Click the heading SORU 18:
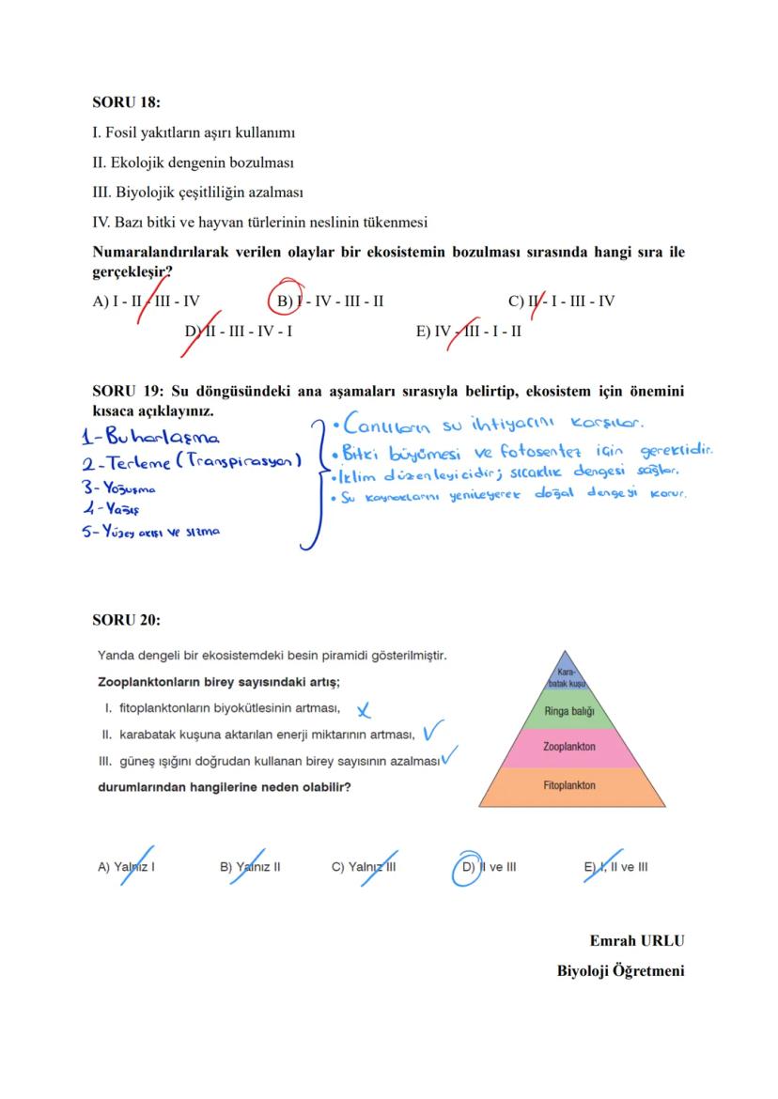(x=126, y=101)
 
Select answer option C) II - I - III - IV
(x=561, y=302)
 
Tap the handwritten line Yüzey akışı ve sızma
(x=161, y=532)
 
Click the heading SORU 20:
(x=126, y=620)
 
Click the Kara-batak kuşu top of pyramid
(x=565, y=678)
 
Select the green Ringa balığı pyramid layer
(x=568, y=711)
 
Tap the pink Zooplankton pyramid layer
(x=568, y=747)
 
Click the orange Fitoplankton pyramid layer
(x=568, y=785)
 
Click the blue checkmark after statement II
(x=433, y=730)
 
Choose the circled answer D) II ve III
(x=489, y=867)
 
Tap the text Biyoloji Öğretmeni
(x=620, y=970)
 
